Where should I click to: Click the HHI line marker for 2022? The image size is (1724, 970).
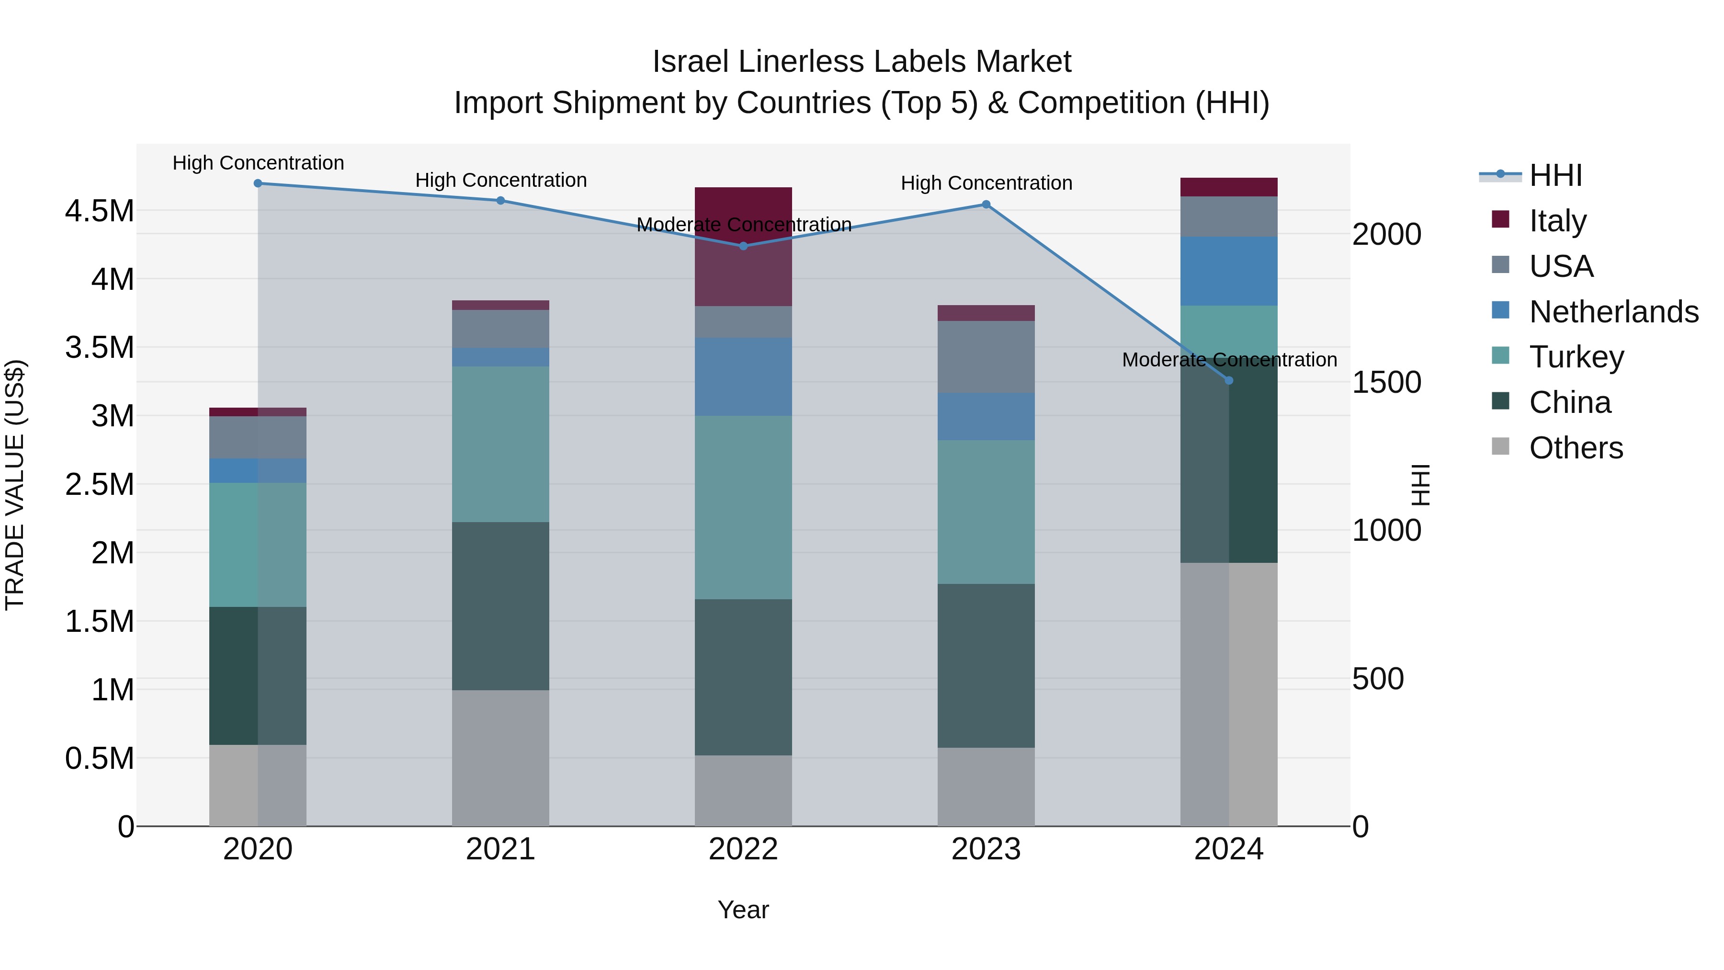(743, 246)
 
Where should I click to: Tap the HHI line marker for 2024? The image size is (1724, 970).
(1229, 380)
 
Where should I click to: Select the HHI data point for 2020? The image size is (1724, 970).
(258, 183)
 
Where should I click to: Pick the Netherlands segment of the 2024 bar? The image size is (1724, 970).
(1229, 271)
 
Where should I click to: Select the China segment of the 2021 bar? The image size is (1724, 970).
(500, 606)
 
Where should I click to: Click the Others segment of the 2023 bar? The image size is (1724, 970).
(986, 787)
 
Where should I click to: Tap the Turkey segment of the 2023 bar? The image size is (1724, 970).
(986, 512)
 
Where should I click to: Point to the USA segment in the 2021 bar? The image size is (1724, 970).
(500, 328)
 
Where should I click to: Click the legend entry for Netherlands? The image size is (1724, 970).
(1613, 312)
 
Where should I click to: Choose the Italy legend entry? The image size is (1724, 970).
(1557, 221)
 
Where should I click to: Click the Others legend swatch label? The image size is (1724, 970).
(1576, 448)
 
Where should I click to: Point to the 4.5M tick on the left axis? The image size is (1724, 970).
(99, 211)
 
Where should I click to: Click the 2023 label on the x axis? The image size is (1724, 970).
(986, 849)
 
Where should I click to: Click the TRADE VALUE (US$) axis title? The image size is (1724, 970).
(15, 485)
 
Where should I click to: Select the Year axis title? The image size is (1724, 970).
(743, 910)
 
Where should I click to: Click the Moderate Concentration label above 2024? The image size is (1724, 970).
(1229, 359)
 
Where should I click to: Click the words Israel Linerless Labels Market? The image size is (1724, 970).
(862, 62)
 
